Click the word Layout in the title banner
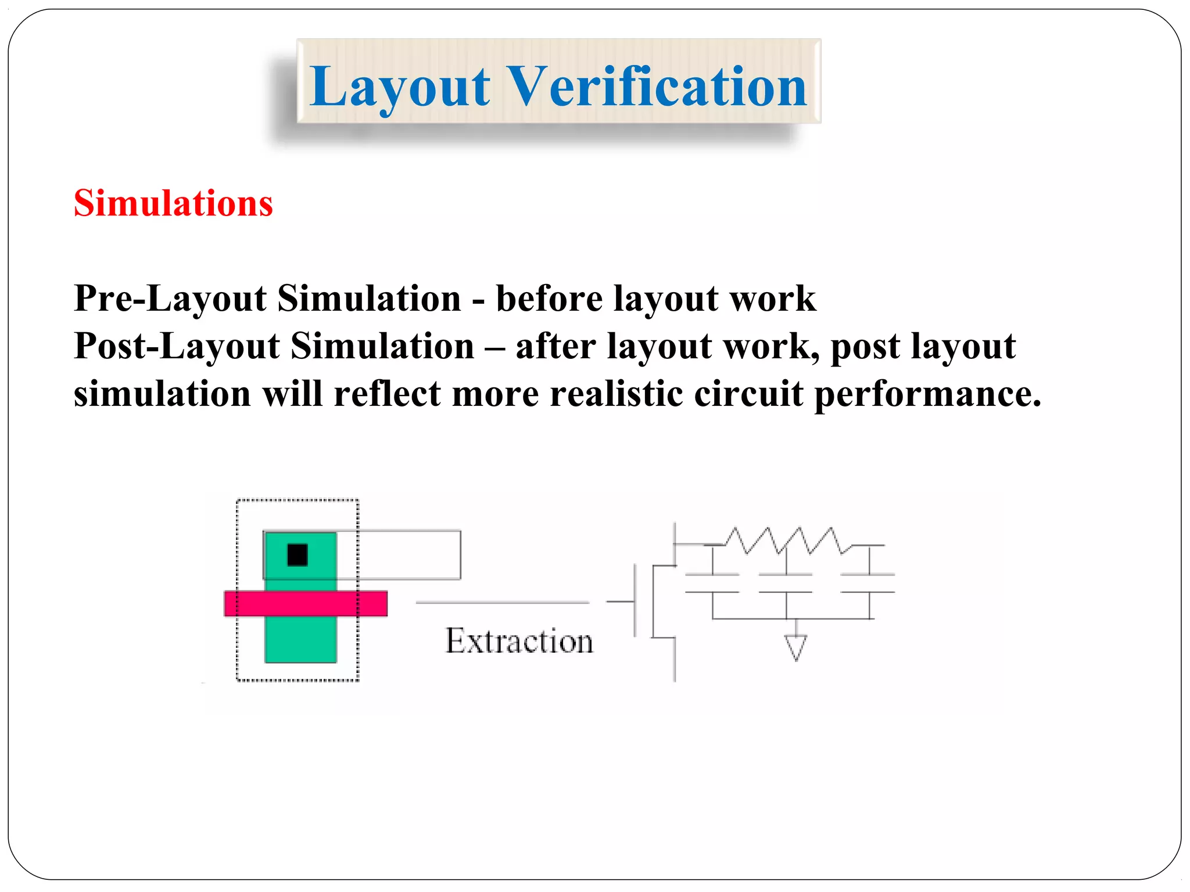[400, 87]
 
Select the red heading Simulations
[173, 204]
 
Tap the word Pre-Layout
[170, 299]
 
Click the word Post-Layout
[177, 347]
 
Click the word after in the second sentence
[555, 347]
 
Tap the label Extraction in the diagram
[519, 641]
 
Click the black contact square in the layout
[297, 555]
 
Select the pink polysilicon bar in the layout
[306, 603]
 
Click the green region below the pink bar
[300, 639]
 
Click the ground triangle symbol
[795, 647]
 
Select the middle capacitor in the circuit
[786, 583]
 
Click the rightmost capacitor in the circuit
[869, 583]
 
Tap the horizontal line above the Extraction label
[503, 603]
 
